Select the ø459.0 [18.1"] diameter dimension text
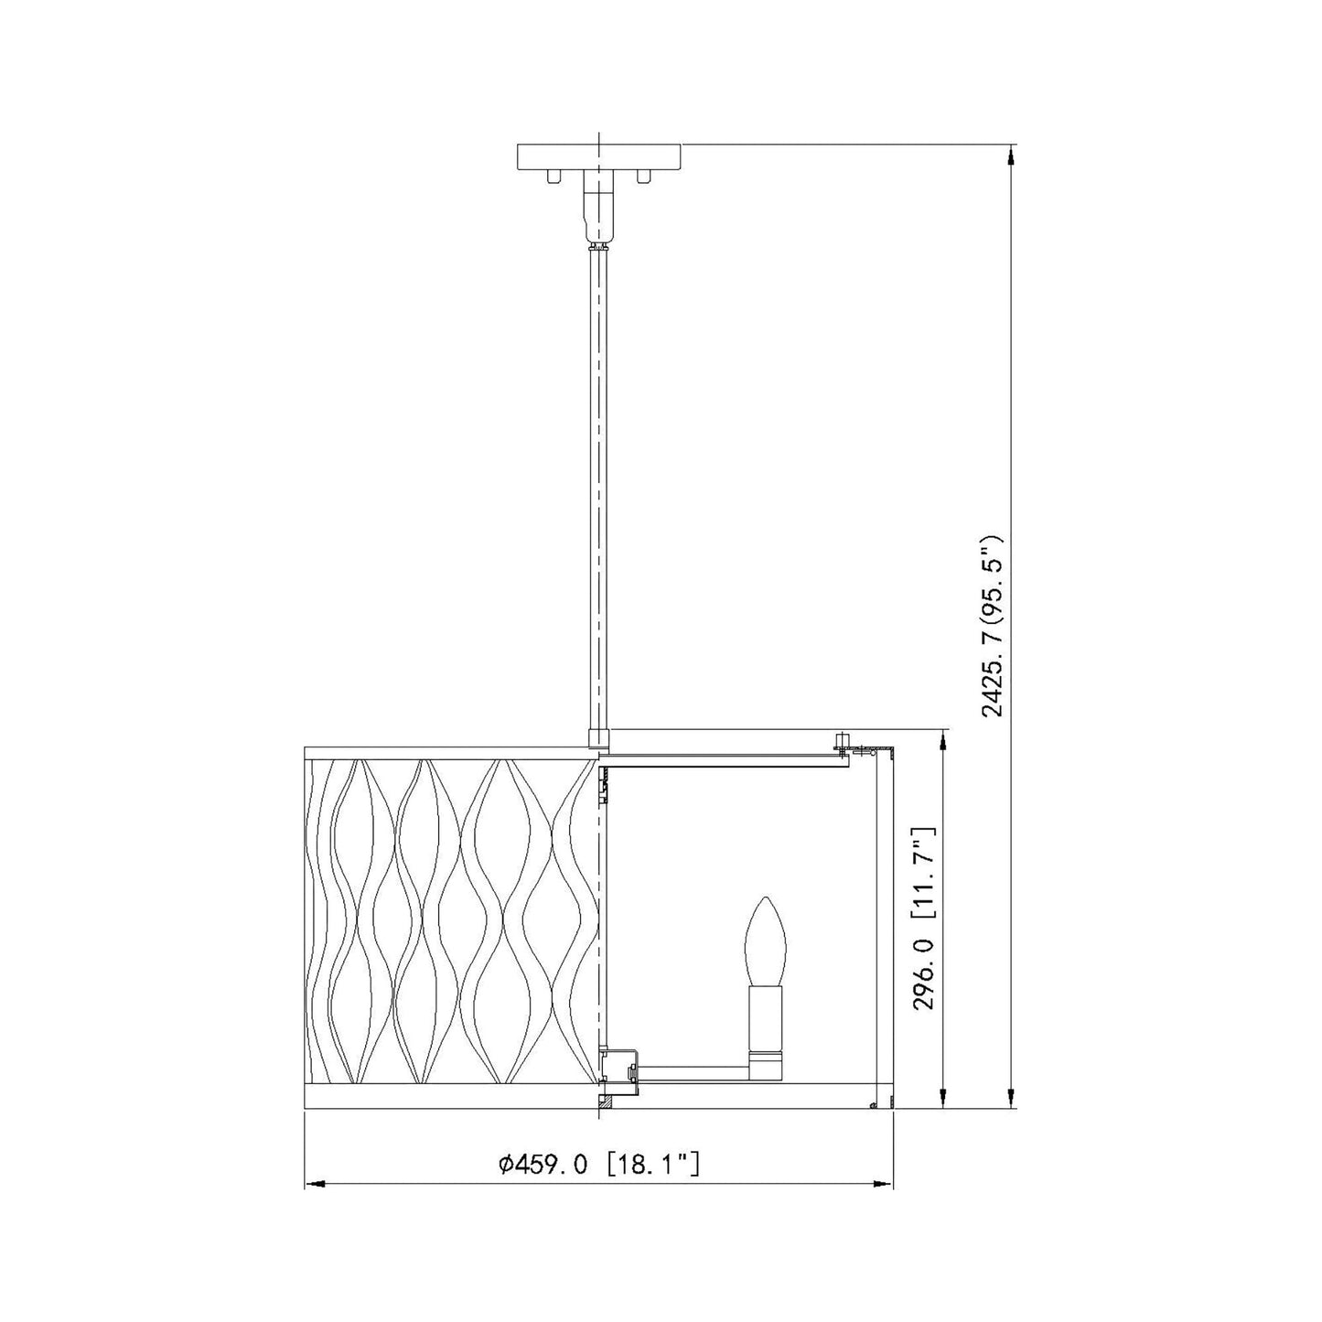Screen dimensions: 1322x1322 point(599,1165)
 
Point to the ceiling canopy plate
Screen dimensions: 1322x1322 point(599,156)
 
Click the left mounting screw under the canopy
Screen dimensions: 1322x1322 point(555,177)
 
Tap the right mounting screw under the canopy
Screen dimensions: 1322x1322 point(643,177)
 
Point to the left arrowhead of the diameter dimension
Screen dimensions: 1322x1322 point(314,1203)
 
